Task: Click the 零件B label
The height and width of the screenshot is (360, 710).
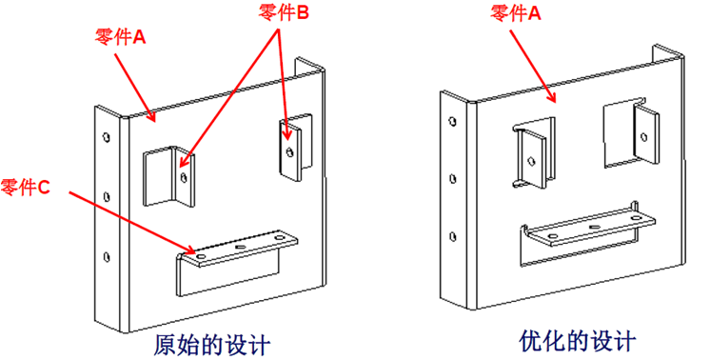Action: pos(285,13)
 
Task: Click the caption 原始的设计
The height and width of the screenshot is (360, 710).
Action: pos(211,341)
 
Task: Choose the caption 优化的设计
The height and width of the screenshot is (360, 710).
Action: pos(578,340)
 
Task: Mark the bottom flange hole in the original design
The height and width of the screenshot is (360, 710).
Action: pos(105,255)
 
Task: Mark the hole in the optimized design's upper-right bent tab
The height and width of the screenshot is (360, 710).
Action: pos(644,136)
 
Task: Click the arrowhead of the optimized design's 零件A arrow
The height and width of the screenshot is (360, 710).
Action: pos(555,98)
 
